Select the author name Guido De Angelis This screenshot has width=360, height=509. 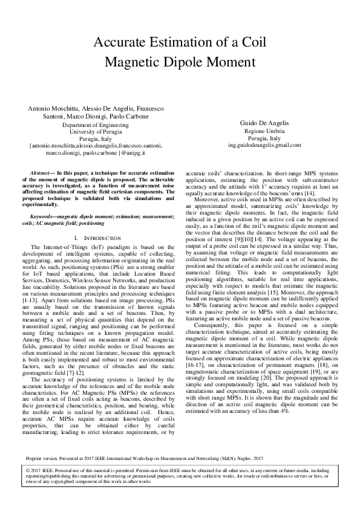[x=266, y=122]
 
